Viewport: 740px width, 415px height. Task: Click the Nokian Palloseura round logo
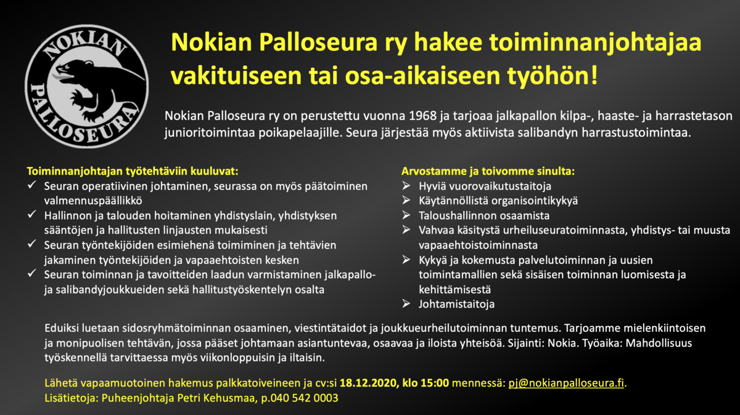click(86, 86)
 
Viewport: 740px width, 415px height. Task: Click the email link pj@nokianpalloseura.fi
click(566, 383)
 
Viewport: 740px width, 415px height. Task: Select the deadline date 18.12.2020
click(368, 383)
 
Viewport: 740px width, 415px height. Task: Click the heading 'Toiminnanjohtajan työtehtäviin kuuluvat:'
click(133, 171)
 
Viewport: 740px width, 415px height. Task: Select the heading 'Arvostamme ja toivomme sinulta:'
click(488, 171)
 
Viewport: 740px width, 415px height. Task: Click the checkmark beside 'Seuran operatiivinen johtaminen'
click(31, 185)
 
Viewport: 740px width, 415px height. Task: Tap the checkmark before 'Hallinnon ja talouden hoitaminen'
click(31, 214)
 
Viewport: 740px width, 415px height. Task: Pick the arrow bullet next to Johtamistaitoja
click(406, 303)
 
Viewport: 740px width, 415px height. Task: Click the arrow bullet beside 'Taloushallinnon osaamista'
click(406, 215)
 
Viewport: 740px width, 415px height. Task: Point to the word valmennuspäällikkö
click(93, 201)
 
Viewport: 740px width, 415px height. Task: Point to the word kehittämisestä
click(454, 289)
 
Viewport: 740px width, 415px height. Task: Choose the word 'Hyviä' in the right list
click(432, 186)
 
